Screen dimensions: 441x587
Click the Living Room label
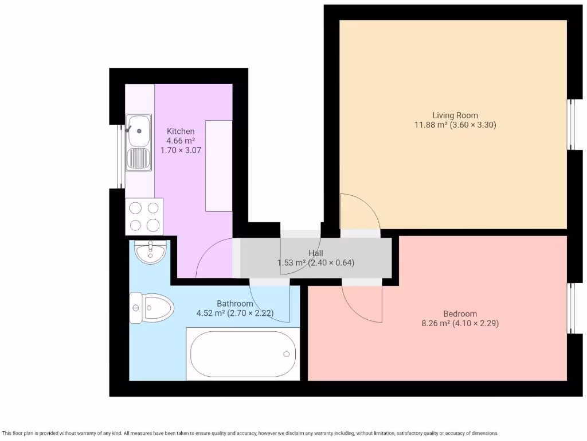455,115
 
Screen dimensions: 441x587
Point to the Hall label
316,253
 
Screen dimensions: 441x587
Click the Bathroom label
234,303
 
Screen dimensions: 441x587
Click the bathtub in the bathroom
243,354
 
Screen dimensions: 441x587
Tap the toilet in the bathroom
151,309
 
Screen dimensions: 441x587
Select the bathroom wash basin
150,252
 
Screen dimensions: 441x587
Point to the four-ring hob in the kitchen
144,216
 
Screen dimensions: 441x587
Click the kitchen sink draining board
138,159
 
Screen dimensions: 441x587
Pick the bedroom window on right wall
571,308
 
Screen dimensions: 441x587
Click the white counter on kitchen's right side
218,165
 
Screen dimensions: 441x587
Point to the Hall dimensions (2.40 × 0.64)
331,263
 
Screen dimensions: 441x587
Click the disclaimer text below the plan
251,433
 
